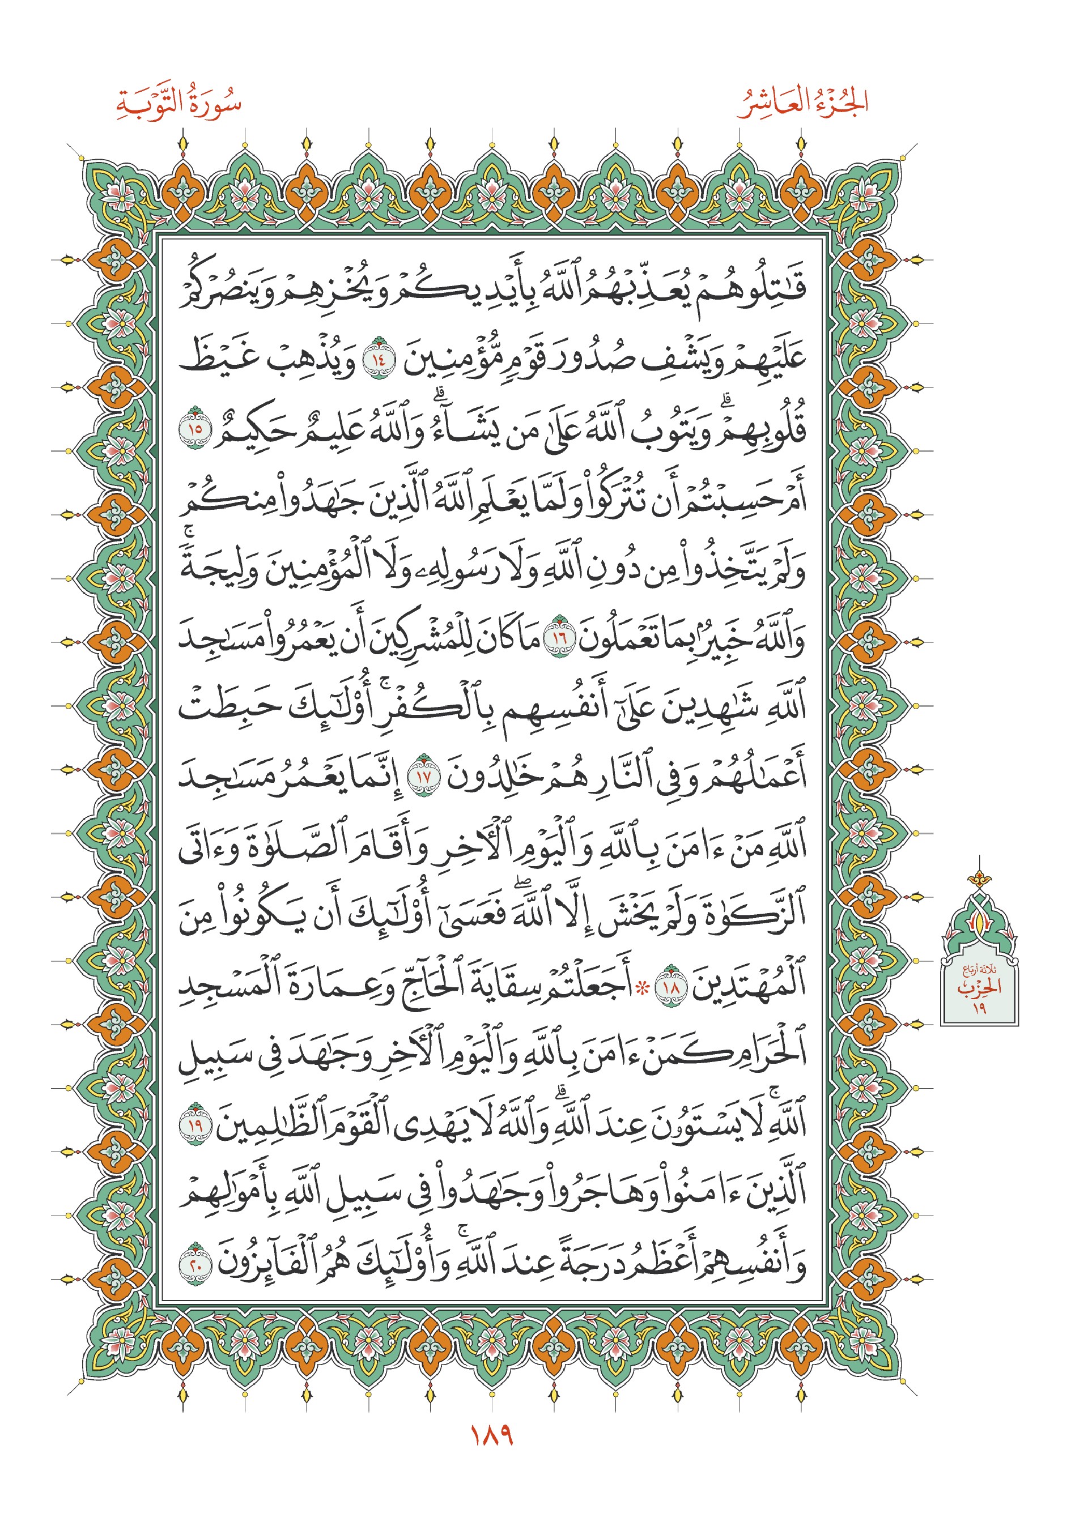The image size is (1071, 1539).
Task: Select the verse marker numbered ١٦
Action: click(x=558, y=637)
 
